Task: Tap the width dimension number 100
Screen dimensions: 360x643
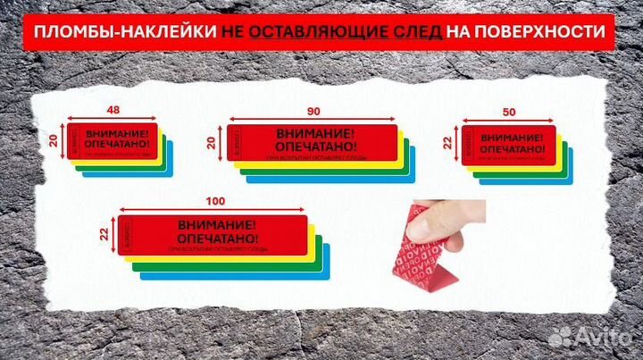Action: tap(213, 202)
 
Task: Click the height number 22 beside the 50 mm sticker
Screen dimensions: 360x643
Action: tap(448, 141)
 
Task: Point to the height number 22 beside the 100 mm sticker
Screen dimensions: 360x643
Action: tap(104, 234)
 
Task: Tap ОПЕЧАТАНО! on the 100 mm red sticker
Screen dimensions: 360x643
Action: tap(218, 239)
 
